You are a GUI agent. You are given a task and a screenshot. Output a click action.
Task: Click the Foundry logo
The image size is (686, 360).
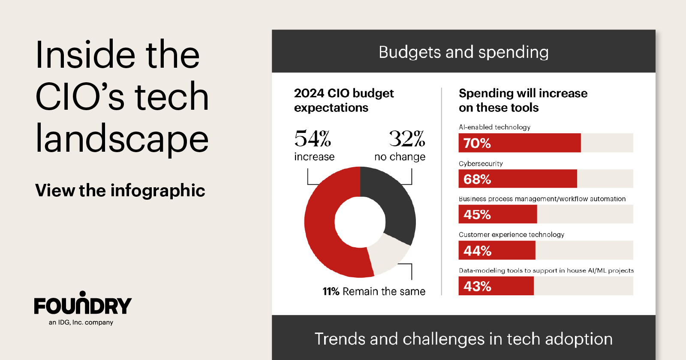83,305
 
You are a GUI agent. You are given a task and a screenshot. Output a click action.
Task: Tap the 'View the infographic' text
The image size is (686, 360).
120,190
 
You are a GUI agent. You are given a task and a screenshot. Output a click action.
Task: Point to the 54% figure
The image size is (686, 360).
313,139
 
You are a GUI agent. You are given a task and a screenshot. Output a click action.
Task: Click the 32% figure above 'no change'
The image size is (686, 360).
406,139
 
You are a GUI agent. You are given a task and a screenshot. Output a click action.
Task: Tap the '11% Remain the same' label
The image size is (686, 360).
374,291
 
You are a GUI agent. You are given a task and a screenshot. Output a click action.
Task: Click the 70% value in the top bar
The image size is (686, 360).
477,143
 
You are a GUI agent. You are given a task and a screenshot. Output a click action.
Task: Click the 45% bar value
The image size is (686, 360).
477,214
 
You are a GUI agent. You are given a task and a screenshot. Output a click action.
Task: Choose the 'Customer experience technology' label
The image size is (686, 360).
511,234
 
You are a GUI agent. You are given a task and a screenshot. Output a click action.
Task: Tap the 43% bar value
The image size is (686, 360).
477,286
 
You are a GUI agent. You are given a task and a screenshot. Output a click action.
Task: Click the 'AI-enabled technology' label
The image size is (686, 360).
494,127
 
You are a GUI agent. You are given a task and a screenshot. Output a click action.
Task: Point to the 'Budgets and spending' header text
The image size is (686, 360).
463,52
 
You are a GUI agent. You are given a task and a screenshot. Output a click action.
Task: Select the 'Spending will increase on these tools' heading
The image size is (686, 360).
522,100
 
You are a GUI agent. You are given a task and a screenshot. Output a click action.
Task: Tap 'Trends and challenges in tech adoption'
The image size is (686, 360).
463,339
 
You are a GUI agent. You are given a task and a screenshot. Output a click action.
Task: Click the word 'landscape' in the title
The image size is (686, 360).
122,139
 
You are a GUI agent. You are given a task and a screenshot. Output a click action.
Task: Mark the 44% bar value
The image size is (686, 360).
477,251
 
